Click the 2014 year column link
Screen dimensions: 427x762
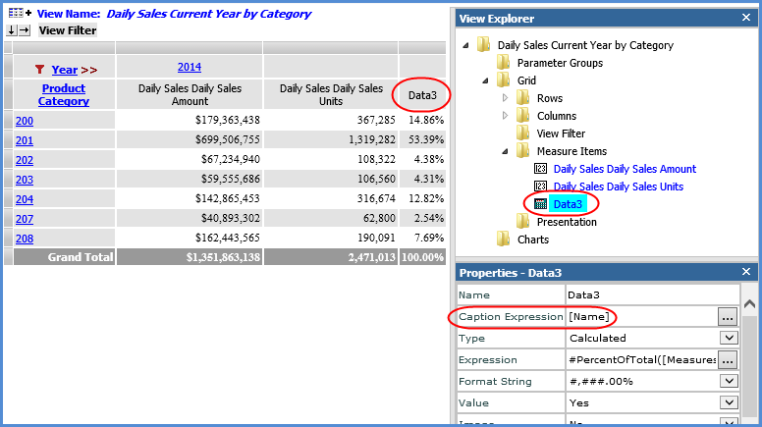click(189, 67)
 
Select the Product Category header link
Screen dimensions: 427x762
click(64, 95)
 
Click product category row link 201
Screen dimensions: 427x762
click(25, 140)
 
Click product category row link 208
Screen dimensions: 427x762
click(25, 239)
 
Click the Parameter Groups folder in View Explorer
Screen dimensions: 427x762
click(560, 63)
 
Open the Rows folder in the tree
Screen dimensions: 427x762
click(550, 98)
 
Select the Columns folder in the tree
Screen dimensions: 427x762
click(557, 116)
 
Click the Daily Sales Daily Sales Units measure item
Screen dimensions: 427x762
click(619, 187)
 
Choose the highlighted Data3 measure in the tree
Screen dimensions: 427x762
click(568, 204)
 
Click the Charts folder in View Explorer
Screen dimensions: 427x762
click(533, 240)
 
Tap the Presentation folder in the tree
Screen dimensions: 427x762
click(566, 222)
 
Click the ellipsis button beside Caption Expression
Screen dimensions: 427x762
click(728, 317)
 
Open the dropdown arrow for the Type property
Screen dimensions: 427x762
click(728, 339)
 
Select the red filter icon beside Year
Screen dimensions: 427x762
click(39, 70)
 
